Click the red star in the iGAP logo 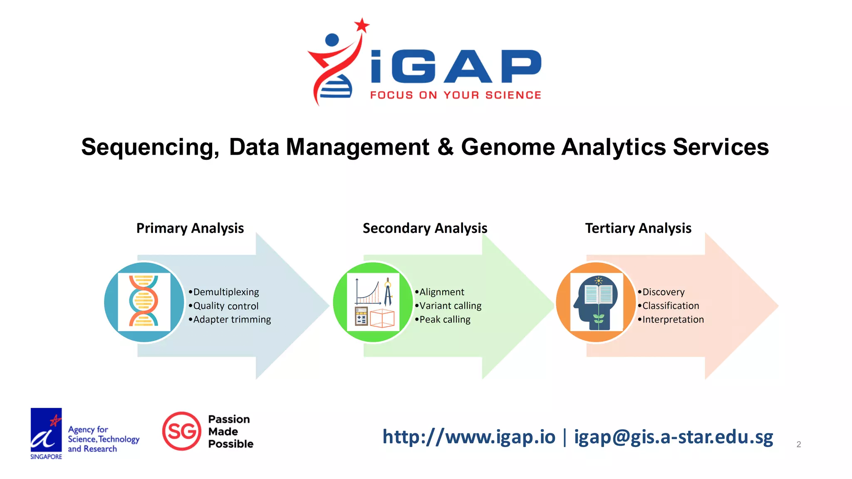(362, 25)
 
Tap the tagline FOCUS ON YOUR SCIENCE (456, 95)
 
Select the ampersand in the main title (445, 147)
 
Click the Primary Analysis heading (190, 228)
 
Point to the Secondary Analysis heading (425, 228)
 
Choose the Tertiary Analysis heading (638, 228)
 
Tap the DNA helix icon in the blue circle (144, 301)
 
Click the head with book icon (596, 302)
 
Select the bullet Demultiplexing (226, 292)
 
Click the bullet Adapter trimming (232, 319)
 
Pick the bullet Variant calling (450, 306)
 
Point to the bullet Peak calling (445, 319)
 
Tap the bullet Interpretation (673, 319)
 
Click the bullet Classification (670, 306)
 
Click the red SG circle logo (182, 431)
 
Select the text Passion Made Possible (230, 431)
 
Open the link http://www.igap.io (469, 437)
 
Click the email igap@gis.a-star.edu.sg (674, 437)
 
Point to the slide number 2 (798, 444)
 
